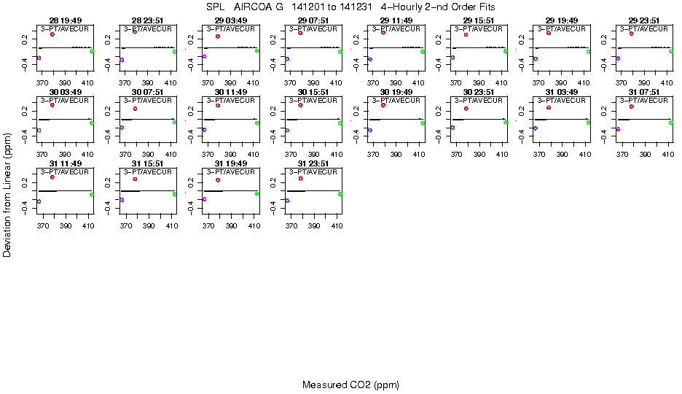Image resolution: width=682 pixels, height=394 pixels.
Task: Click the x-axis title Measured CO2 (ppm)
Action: (x=350, y=385)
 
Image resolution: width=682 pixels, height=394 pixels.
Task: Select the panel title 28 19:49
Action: (x=65, y=20)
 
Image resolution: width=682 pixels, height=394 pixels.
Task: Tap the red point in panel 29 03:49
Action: (x=218, y=36)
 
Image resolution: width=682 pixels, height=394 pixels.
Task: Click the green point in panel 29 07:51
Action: (x=340, y=52)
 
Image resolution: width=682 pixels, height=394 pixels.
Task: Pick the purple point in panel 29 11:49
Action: (x=370, y=59)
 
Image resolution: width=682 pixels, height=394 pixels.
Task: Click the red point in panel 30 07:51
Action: (x=135, y=109)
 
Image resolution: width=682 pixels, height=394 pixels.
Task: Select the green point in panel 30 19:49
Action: (x=423, y=123)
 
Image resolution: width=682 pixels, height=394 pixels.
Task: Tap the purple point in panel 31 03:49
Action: (x=536, y=128)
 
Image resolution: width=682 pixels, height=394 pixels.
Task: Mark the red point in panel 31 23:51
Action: (x=300, y=178)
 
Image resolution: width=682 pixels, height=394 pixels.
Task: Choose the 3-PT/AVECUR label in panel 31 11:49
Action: (x=65, y=172)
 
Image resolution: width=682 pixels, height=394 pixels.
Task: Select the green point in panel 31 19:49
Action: (x=257, y=193)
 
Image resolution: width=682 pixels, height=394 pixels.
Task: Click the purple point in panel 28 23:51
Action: (x=122, y=60)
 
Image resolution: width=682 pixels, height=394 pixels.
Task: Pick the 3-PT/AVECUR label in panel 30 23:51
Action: (x=479, y=101)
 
